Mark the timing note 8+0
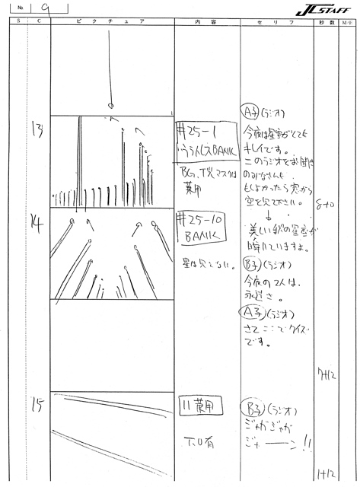coord(329,203)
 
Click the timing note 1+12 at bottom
coord(328,473)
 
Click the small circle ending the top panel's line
coord(112,104)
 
